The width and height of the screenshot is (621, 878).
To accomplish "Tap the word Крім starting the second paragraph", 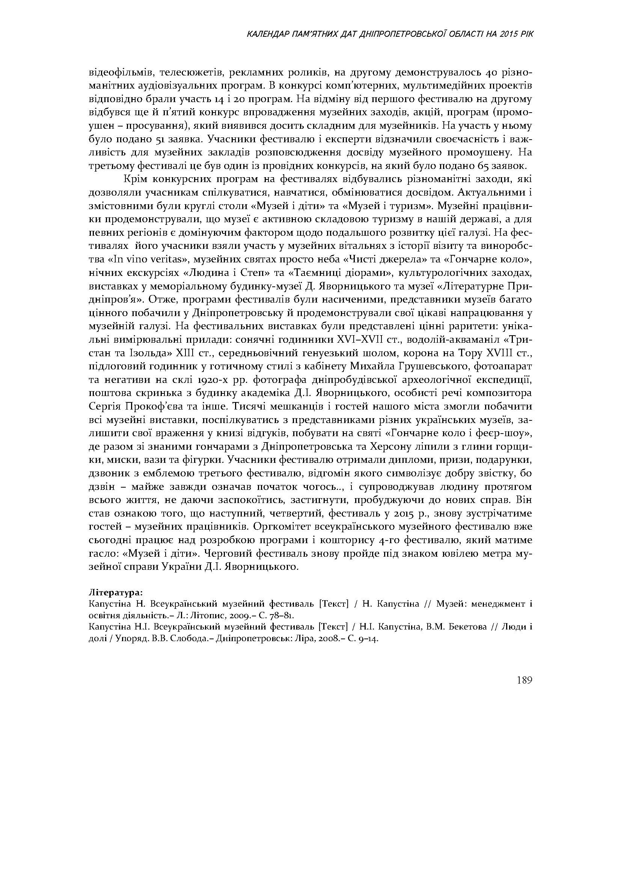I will tap(136, 179).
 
